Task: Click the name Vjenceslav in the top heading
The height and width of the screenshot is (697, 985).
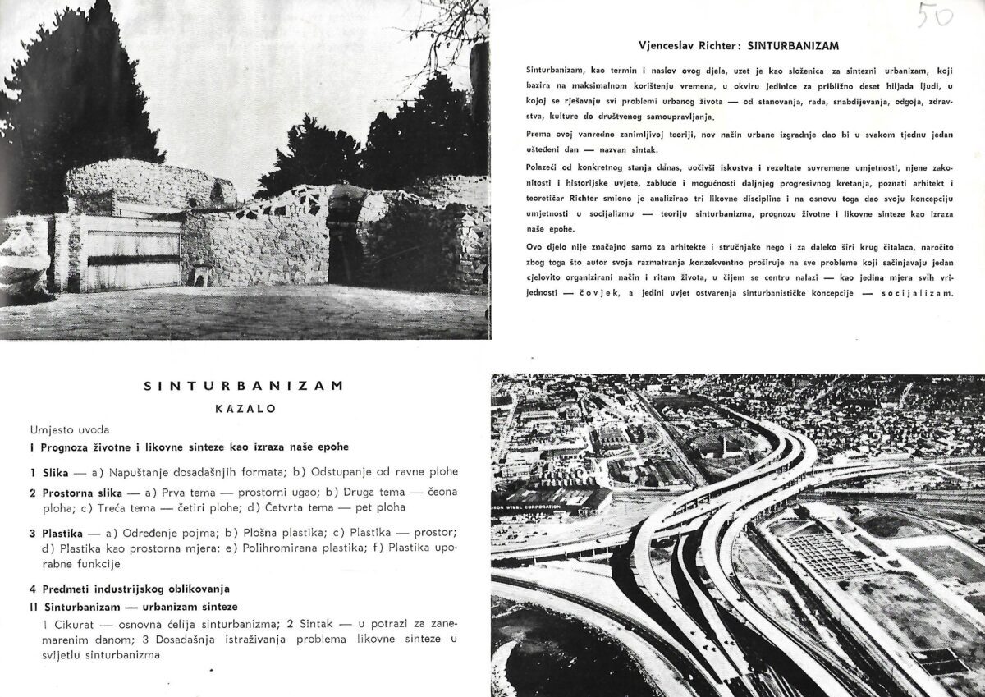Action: coord(667,44)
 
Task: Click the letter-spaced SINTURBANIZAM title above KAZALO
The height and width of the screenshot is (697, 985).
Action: coord(242,384)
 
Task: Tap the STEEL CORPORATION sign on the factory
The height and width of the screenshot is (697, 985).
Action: coord(558,507)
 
